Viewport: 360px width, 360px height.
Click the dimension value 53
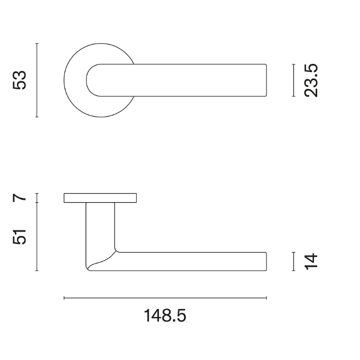pos(20,80)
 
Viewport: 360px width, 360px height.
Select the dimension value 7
pos(20,197)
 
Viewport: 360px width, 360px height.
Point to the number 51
pos(20,237)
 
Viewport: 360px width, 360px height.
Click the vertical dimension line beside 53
pos(37,80)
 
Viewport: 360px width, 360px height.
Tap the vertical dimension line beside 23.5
pos(293,80)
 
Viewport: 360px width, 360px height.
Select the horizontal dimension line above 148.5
pos(165,298)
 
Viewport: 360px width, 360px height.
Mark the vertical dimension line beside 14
pos(293,261)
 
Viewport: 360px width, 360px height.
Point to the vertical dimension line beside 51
pos(37,237)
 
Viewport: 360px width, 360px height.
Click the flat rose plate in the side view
pos(100,198)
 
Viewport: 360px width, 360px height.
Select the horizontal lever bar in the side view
pos(195,261)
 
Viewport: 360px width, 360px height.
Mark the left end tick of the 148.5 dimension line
pos(64,298)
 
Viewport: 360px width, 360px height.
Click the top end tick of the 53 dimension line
pos(37,44)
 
